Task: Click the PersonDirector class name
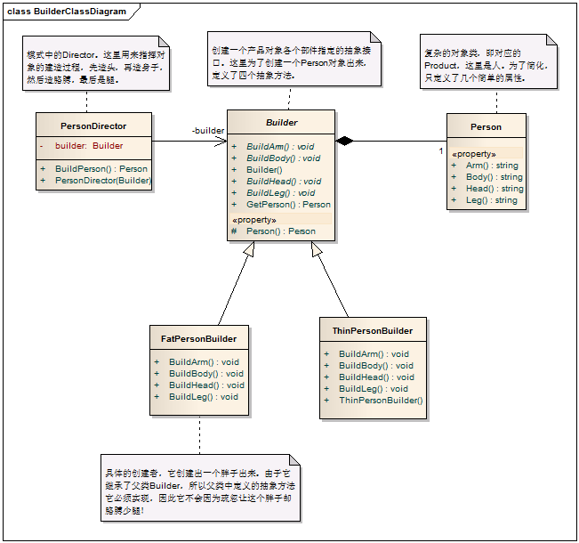click(x=93, y=126)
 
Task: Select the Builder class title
click(x=282, y=123)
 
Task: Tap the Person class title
click(x=486, y=126)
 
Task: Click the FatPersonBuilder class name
click(x=198, y=338)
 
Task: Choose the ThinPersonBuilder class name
click(x=372, y=330)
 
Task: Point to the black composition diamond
click(x=345, y=141)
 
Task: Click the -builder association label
click(x=208, y=131)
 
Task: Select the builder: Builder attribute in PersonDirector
click(x=89, y=146)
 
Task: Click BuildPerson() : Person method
click(x=101, y=168)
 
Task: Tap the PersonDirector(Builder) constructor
click(x=103, y=181)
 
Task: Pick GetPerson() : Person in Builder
click(x=288, y=204)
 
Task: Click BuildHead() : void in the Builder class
click(x=280, y=181)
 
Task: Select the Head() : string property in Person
click(x=495, y=189)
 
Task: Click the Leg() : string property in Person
click(x=491, y=200)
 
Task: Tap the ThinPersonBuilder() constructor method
click(x=381, y=400)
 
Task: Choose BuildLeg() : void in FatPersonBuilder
click(x=203, y=397)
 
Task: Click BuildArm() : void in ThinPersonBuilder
click(x=374, y=353)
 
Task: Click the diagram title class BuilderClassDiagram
click(x=67, y=12)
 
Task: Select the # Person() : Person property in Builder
click(x=281, y=231)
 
